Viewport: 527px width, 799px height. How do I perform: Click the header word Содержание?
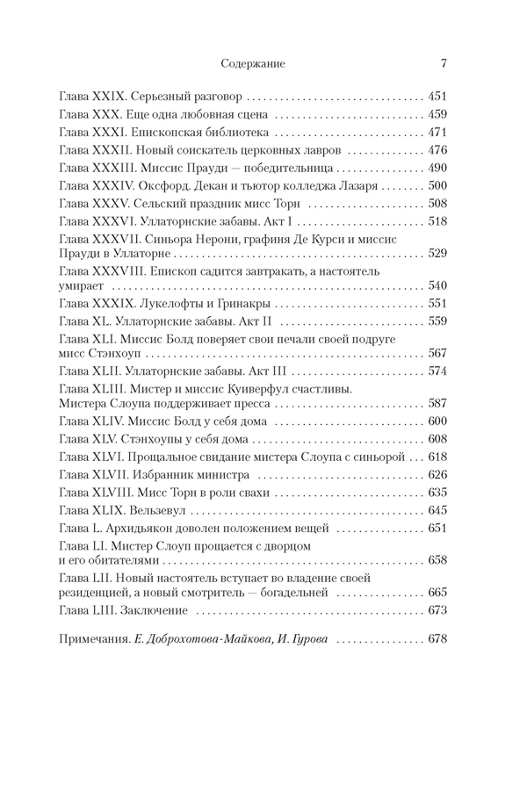click(x=253, y=63)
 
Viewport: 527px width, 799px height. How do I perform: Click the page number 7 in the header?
click(x=444, y=63)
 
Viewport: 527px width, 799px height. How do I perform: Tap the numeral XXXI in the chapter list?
click(x=108, y=133)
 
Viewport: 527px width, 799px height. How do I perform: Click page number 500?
click(x=437, y=186)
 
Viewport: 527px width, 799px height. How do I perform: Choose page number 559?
click(x=437, y=320)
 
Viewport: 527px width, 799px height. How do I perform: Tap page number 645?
click(x=437, y=510)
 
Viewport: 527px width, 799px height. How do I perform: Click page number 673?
click(x=437, y=610)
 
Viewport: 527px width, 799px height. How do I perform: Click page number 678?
click(x=437, y=639)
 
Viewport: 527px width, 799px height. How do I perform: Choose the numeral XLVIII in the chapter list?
click(x=112, y=492)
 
